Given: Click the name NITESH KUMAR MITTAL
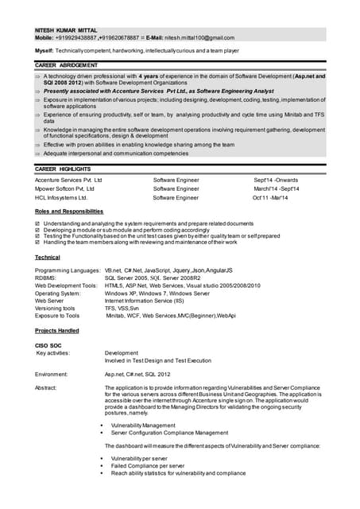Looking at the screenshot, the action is (x=66, y=29).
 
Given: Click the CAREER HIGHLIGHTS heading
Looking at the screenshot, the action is (x=63, y=169).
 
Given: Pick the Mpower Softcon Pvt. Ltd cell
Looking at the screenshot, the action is (x=64, y=189).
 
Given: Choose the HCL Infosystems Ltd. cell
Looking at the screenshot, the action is (x=61, y=198).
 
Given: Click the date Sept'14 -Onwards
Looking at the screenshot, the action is (x=277, y=181).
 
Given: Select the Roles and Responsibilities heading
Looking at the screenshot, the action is (x=69, y=212).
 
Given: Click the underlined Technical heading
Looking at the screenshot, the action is (x=48, y=258).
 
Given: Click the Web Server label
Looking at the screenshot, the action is (x=49, y=301).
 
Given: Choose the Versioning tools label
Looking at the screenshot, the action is (x=55, y=308).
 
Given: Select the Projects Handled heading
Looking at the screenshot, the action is (x=57, y=330).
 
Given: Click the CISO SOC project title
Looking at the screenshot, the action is (x=50, y=344).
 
